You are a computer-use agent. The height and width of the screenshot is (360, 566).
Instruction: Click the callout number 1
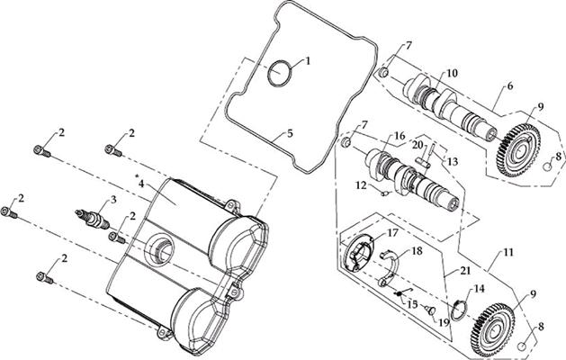[x=307, y=61]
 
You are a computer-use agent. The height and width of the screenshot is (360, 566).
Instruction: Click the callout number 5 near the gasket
[x=289, y=133]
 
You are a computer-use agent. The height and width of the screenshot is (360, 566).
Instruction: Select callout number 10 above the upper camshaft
[x=452, y=73]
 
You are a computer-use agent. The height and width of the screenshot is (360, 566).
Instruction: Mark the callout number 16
[x=396, y=136]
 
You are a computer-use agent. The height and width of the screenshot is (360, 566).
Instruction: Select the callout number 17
[x=392, y=232]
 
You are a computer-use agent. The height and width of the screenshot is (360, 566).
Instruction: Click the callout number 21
[x=466, y=270]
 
